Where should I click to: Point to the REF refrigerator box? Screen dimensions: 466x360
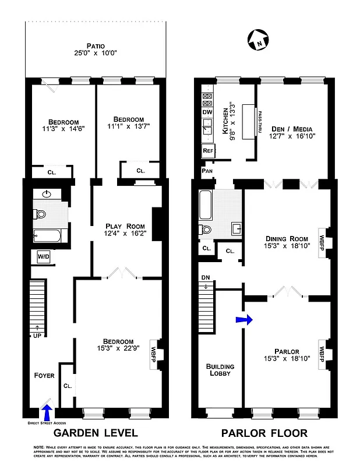208,150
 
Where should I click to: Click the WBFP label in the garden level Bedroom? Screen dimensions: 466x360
154,352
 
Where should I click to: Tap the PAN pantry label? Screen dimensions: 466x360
206,171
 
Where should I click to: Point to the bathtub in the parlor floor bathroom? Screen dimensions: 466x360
207,204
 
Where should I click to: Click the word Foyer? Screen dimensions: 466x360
44,376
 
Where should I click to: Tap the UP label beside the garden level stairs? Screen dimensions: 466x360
36,335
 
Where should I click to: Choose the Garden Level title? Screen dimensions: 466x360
96,433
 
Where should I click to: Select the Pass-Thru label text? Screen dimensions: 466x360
260,122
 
